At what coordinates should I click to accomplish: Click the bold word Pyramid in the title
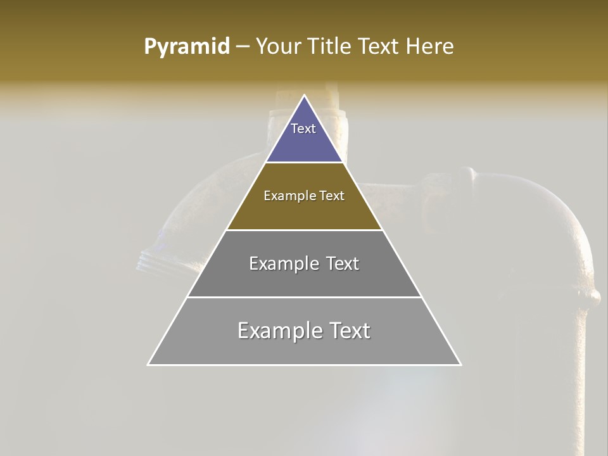187,47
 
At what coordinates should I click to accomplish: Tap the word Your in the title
279,47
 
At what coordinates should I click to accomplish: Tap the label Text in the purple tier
303,129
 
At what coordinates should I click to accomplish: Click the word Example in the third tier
276,263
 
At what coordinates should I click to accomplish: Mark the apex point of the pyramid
304,96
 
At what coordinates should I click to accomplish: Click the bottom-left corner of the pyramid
149,364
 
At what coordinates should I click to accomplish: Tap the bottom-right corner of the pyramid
460,364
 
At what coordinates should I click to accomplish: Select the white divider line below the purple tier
304,163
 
